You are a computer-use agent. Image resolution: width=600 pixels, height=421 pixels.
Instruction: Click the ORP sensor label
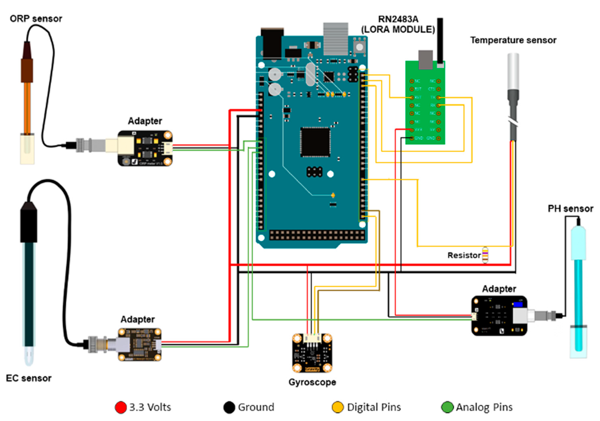(x=36, y=19)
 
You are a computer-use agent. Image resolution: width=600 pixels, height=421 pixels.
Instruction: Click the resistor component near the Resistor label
(x=485, y=255)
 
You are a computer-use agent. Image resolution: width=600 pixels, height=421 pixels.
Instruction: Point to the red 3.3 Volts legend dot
(x=121, y=407)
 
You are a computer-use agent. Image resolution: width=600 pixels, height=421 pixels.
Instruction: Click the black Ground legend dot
(x=229, y=407)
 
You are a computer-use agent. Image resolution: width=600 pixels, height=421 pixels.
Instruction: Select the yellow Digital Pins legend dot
(x=337, y=407)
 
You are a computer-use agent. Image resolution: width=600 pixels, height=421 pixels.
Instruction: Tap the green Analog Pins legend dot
(x=447, y=407)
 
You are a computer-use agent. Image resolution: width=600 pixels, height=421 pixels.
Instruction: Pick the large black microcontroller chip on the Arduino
(x=315, y=142)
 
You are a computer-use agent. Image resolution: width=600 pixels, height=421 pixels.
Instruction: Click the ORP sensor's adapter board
(x=145, y=148)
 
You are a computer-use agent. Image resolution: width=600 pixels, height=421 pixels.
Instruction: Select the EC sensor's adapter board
(x=140, y=344)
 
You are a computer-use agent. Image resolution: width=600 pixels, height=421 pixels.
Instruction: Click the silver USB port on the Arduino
(x=336, y=39)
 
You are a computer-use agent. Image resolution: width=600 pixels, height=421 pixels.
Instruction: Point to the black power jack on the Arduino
(x=272, y=43)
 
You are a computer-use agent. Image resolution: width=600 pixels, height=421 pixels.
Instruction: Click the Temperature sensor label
(x=513, y=40)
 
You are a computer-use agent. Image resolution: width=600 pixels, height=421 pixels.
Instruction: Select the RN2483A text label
(x=398, y=19)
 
